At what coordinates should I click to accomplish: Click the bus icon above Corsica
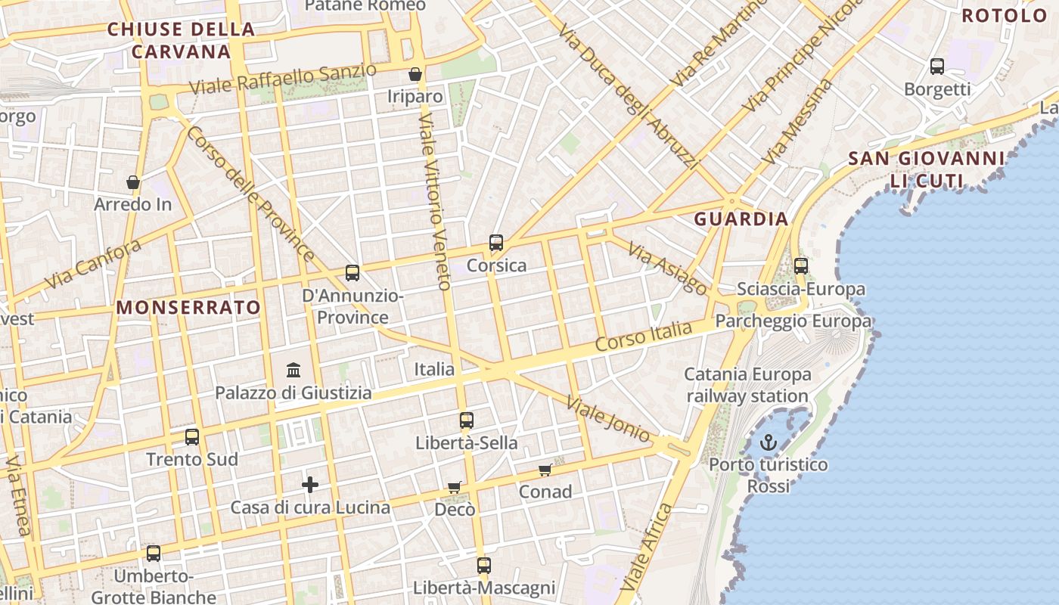[496, 243]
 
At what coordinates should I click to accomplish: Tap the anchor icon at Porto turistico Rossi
[769, 442]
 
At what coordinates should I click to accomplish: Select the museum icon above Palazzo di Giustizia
[293, 371]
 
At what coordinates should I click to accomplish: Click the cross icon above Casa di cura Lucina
[310, 485]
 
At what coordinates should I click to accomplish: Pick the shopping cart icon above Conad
[545, 470]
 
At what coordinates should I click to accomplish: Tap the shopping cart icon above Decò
[454, 488]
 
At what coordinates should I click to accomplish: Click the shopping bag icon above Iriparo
[415, 74]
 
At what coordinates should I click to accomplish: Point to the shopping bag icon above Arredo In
[133, 182]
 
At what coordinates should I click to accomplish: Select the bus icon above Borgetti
[937, 67]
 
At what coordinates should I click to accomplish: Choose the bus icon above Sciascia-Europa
[801, 266]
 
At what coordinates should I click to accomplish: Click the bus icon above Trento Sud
[192, 436]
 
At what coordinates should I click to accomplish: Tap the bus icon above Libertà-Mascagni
[484, 565]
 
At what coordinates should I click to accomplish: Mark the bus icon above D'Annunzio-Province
[352, 273]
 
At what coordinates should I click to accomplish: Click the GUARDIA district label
[741, 219]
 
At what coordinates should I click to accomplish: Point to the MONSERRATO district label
[188, 308]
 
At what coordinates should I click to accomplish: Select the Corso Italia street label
[644, 336]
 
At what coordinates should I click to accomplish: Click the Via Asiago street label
[667, 269]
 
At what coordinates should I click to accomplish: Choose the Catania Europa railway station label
[747, 385]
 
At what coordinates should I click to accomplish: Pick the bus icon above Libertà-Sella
[467, 420]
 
